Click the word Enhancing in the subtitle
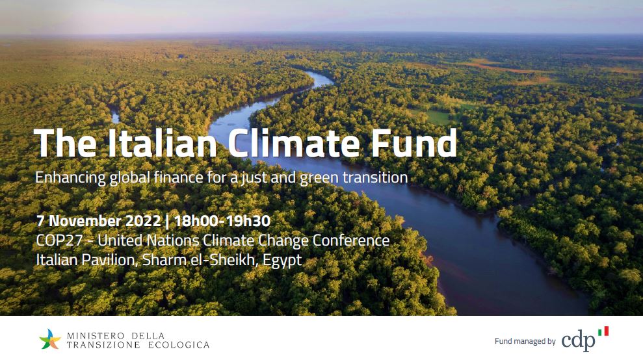[x=68, y=177]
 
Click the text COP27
[x=58, y=241]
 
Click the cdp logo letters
[x=577, y=341]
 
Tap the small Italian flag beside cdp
[x=603, y=331]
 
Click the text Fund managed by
[x=525, y=341]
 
